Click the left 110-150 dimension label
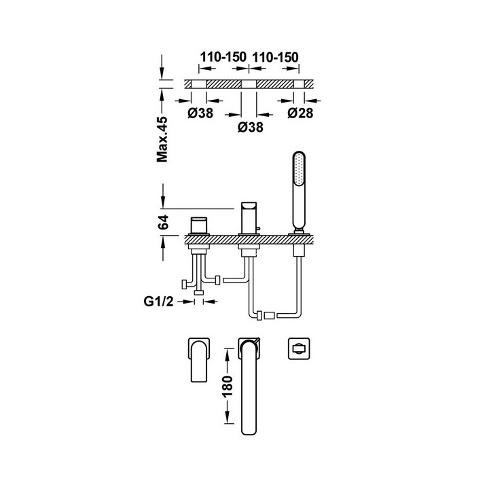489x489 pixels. [x=223, y=58]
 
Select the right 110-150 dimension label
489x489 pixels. [x=276, y=58]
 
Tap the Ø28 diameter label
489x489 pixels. [x=300, y=114]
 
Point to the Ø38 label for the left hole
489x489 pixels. [x=200, y=114]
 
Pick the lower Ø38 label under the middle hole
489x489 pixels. [x=249, y=127]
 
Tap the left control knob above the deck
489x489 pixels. [x=199, y=225]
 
